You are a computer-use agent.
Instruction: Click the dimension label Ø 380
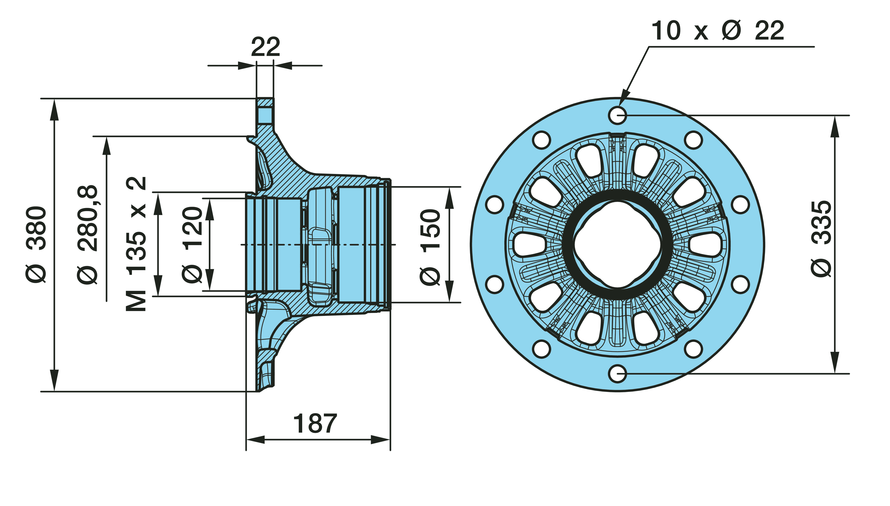(36, 244)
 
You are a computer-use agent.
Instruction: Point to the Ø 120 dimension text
(192, 244)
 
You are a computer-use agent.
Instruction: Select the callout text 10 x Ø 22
(717, 31)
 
